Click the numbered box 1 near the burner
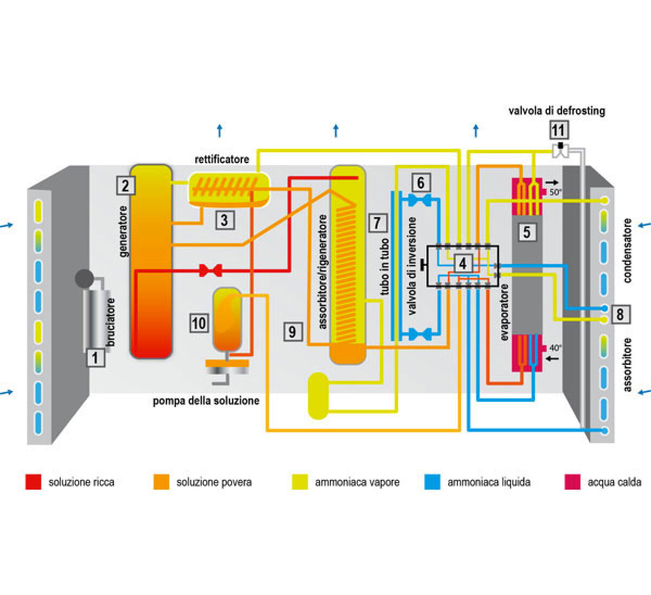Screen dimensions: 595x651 (95, 357)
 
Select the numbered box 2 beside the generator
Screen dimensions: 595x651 (125, 186)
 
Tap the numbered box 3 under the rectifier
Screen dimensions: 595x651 (224, 220)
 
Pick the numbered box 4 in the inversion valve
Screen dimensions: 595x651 (462, 264)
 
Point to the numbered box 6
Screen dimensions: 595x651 (421, 182)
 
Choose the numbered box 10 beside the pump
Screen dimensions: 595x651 (199, 323)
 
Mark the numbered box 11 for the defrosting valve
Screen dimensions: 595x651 (558, 130)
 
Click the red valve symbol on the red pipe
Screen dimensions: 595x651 (209, 269)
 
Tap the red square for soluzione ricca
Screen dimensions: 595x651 (33, 482)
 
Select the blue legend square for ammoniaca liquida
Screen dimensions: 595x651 (432, 482)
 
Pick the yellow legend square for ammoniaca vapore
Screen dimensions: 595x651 (300, 482)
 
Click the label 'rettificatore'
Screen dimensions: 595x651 (222, 159)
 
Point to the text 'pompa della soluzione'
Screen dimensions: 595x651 (206, 401)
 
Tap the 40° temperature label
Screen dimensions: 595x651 (556, 348)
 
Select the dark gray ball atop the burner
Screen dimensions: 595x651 (84, 279)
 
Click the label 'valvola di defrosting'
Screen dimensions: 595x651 (557, 111)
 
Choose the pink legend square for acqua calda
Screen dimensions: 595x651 (572, 482)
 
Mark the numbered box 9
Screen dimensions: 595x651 (292, 331)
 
